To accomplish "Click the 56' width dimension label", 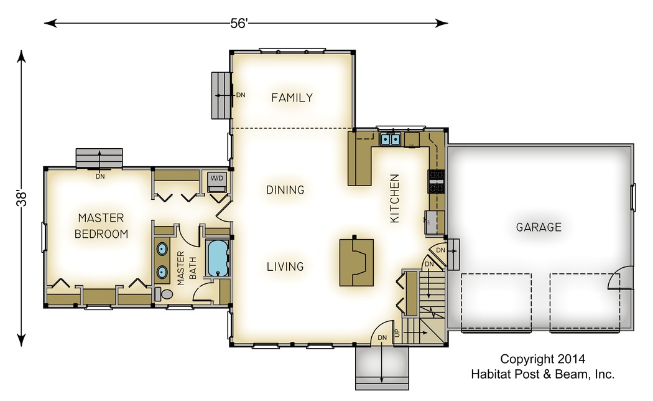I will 239,23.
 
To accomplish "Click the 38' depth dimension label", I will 21,198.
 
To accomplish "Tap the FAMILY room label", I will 292,98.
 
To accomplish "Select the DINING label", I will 285,190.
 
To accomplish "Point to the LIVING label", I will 285,267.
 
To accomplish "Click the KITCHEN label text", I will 394,199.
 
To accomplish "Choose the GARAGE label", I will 539,227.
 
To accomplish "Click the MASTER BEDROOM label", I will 101,226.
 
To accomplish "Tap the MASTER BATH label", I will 186,268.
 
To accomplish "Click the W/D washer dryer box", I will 216,179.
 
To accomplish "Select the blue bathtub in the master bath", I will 218,258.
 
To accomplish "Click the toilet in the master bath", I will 164,294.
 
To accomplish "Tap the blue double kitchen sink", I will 391,139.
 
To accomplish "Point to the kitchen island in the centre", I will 356,262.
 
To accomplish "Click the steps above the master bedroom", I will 99,158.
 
